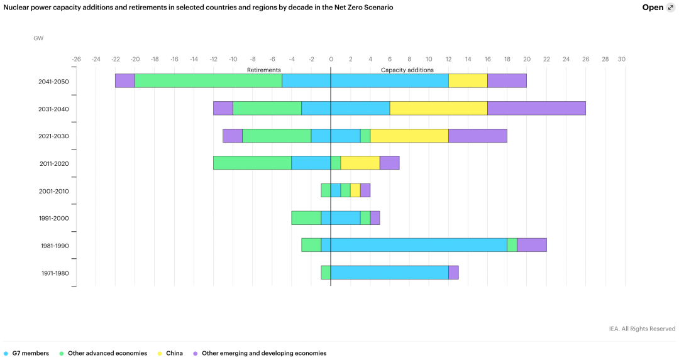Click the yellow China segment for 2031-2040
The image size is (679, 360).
tap(438, 108)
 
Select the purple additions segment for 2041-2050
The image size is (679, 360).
tap(507, 80)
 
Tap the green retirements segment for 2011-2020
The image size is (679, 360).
tap(252, 163)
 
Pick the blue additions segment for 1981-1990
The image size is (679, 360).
tap(419, 245)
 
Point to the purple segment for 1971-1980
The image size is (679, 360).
tap(453, 273)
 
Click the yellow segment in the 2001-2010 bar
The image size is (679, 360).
tap(355, 190)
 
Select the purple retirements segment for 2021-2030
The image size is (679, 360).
tap(233, 136)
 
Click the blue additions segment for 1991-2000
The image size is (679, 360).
tap(345, 218)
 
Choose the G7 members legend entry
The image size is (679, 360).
tap(30, 353)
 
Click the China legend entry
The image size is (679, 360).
tap(174, 353)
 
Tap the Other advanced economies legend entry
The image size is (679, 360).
tap(107, 353)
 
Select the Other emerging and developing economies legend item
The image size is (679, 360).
tap(263, 353)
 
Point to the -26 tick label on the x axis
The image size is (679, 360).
tap(76, 59)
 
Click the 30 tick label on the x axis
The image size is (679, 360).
tap(621, 59)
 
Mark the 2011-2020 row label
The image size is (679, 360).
tap(53, 164)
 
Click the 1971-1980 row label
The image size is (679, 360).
tap(53, 273)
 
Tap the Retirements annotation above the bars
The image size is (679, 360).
tap(264, 70)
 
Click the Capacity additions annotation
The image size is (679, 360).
tap(407, 70)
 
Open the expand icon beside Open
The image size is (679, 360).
tap(670, 8)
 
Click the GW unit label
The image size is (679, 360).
tap(38, 38)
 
